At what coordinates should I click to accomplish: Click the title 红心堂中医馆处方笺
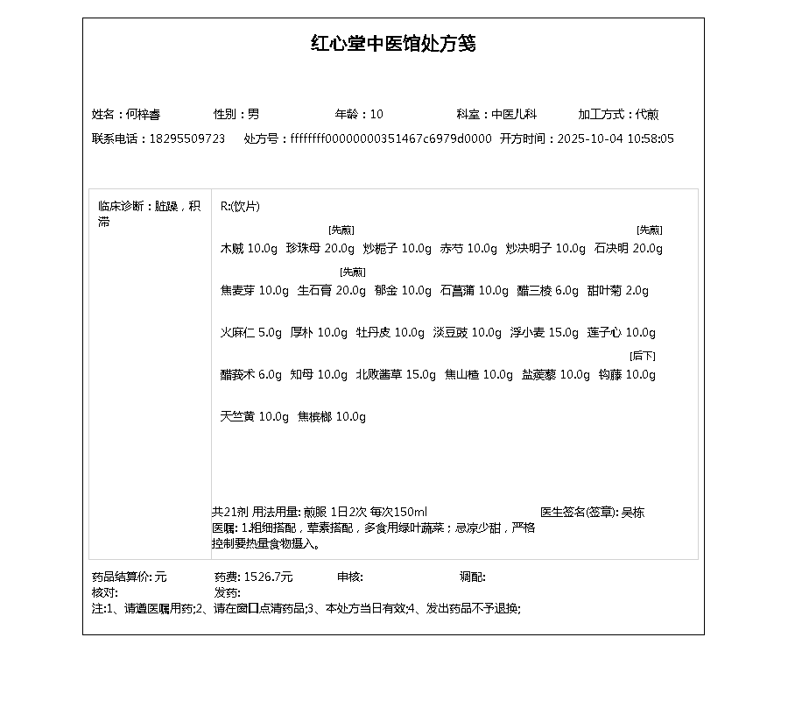pyautogui.click(x=393, y=44)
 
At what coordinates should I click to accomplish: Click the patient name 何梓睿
pyautogui.click(x=143, y=115)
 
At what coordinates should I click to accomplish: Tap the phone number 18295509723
pyautogui.click(x=186, y=139)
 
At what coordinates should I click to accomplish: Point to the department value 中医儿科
pyautogui.click(x=513, y=115)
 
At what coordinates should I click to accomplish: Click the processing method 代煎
pyautogui.click(x=647, y=115)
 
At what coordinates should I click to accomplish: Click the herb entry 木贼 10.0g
pyautogui.click(x=248, y=249)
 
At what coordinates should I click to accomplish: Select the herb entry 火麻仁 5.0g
pyautogui.click(x=250, y=333)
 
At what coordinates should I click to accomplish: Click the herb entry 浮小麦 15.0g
pyautogui.click(x=545, y=333)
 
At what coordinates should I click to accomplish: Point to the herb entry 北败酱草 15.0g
pyautogui.click(x=395, y=375)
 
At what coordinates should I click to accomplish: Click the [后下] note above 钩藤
pyautogui.click(x=643, y=356)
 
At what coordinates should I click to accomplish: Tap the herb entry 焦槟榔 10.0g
pyautogui.click(x=332, y=417)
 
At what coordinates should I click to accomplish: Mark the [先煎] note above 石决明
pyautogui.click(x=649, y=230)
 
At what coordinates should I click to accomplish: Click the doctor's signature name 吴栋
pyautogui.click(x=632, y=513)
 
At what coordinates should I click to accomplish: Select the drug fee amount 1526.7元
pyautogui.click(x=268, y=577)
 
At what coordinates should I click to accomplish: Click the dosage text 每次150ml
pyautogui.click(x=398, y=513)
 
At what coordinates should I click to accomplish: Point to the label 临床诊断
pyautogui.click(x=122, y=207)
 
